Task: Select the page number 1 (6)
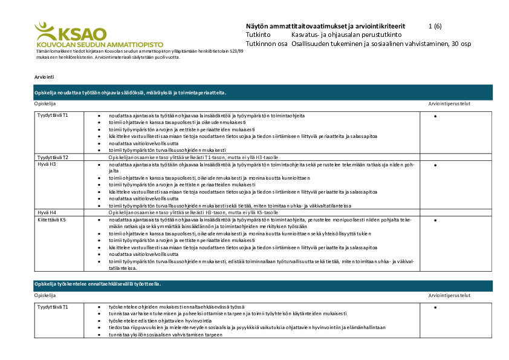coord(435,27)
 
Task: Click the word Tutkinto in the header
coord(258,35)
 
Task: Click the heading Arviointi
coord(45,77)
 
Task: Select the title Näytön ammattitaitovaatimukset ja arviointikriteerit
coord(326,27)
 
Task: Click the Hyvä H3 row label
coord(47,164)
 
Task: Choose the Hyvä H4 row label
coord(47,212)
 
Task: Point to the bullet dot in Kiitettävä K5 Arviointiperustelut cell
coord(435,220)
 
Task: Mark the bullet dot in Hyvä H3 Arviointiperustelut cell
coord(435,165)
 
